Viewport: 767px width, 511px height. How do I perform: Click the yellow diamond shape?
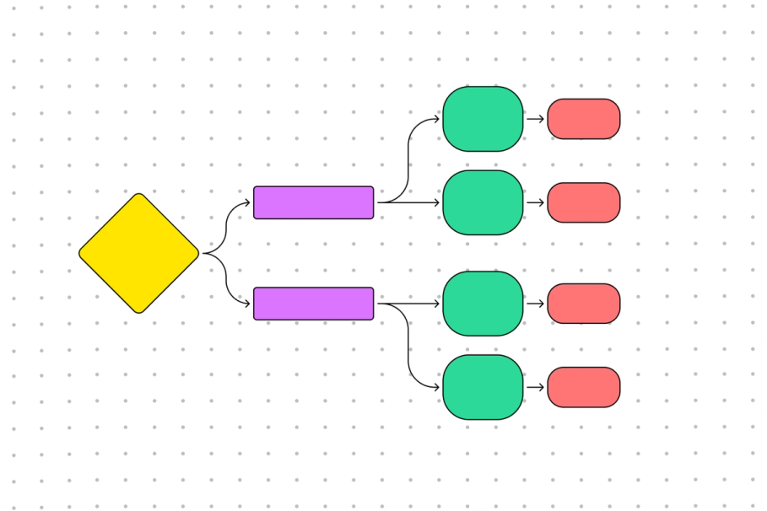click(139, 253)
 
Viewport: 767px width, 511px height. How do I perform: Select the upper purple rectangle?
click(313, 202)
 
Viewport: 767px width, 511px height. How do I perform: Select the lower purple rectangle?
click(313, 304)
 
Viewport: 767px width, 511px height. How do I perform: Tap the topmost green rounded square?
click(483, 119)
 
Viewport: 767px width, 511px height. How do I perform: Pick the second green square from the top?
click(483, 202)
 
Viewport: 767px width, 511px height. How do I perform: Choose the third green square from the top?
click(483, 304)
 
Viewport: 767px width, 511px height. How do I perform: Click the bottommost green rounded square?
click(483, 387)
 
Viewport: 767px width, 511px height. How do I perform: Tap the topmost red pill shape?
click(584, 119)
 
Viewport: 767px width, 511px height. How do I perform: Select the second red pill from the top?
click(584, 202)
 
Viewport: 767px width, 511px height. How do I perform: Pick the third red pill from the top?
click(584, 304)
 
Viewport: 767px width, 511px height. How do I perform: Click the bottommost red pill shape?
click(584, 387)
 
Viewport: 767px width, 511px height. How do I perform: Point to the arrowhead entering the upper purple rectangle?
click(247, 202)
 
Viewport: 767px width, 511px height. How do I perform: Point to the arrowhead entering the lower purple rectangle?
click(247, 304)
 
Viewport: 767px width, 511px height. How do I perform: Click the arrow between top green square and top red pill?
click(536, 119)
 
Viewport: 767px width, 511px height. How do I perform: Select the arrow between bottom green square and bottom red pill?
click(536, 387)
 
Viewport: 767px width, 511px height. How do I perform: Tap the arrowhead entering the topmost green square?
click(436, 119)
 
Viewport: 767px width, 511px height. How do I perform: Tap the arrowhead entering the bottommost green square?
click(436, 387)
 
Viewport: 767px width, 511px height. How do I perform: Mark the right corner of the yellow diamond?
click(198, 253)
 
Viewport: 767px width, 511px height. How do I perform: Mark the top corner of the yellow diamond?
click(139, 194)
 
